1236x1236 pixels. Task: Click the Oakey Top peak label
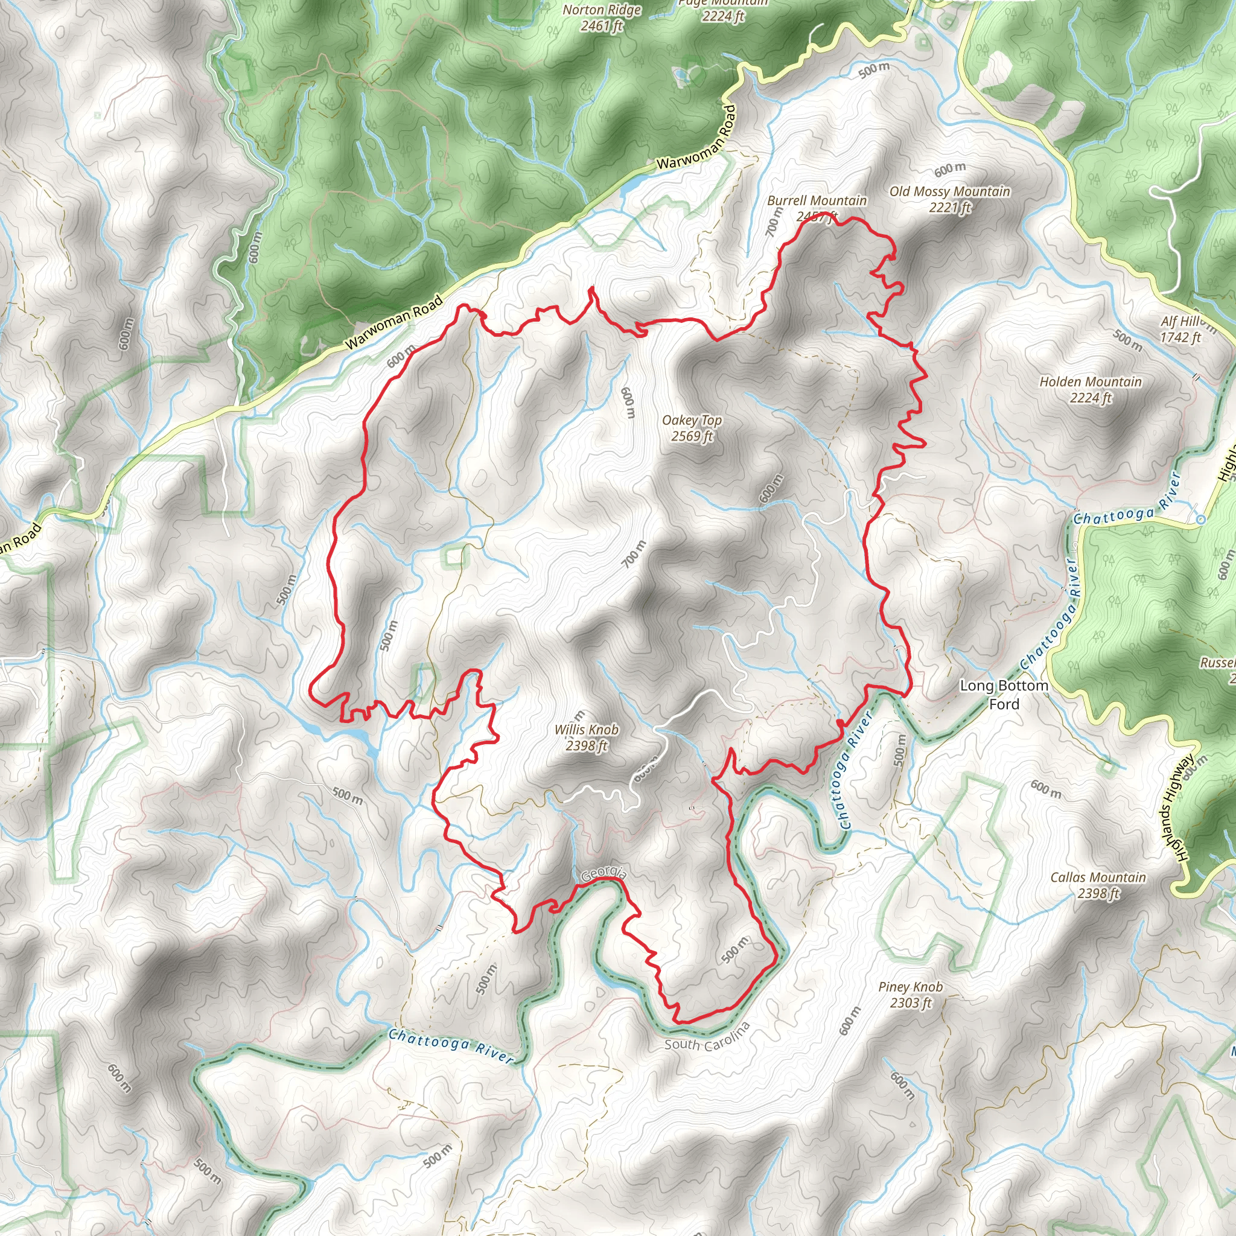(692, 420)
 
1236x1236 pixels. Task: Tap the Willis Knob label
(586, 729)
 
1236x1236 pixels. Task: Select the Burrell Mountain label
(817, 201)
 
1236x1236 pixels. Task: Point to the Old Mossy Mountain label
(949, 191)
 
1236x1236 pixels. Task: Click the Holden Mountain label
(1090, 382)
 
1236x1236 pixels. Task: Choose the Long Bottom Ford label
(1004, 695)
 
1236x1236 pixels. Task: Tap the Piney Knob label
(910, 987)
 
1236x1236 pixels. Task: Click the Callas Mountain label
(1098, 877)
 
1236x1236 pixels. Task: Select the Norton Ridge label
(601, 10)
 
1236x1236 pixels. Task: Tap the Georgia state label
(604, 873)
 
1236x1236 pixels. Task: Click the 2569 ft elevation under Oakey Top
(692, 436)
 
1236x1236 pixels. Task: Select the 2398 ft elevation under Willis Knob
(586, 746)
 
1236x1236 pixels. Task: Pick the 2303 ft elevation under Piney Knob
(910, 1002)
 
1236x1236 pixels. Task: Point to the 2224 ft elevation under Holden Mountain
(1090, 398)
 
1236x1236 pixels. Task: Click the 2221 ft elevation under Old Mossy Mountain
(949, 207)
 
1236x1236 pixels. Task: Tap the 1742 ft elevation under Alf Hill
(1180, 337)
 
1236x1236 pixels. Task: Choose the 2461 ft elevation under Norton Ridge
(601, 26)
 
